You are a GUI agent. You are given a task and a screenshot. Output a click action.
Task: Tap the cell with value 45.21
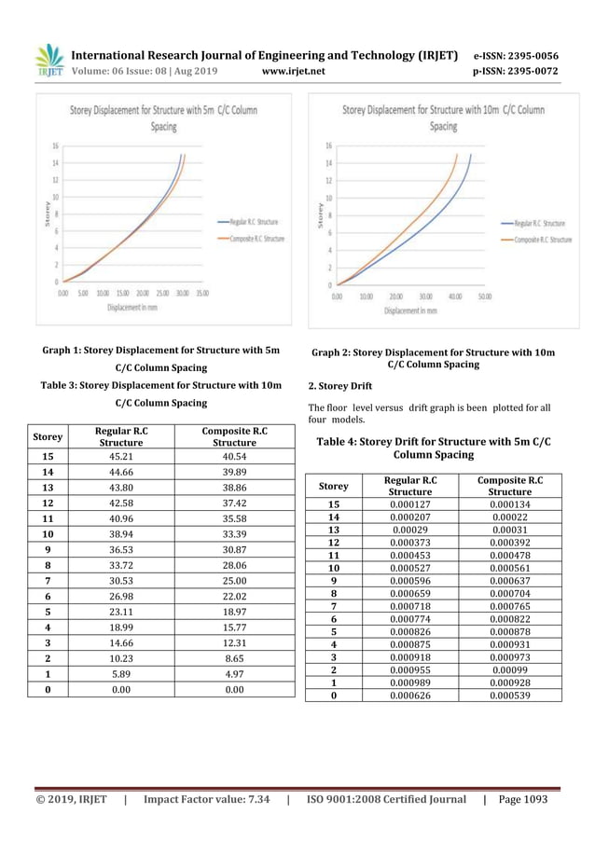coord(119,457)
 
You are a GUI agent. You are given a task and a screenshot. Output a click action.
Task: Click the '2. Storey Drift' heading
coord(340,385)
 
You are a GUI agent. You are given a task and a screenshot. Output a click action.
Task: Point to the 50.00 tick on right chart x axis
coord(485,296)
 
